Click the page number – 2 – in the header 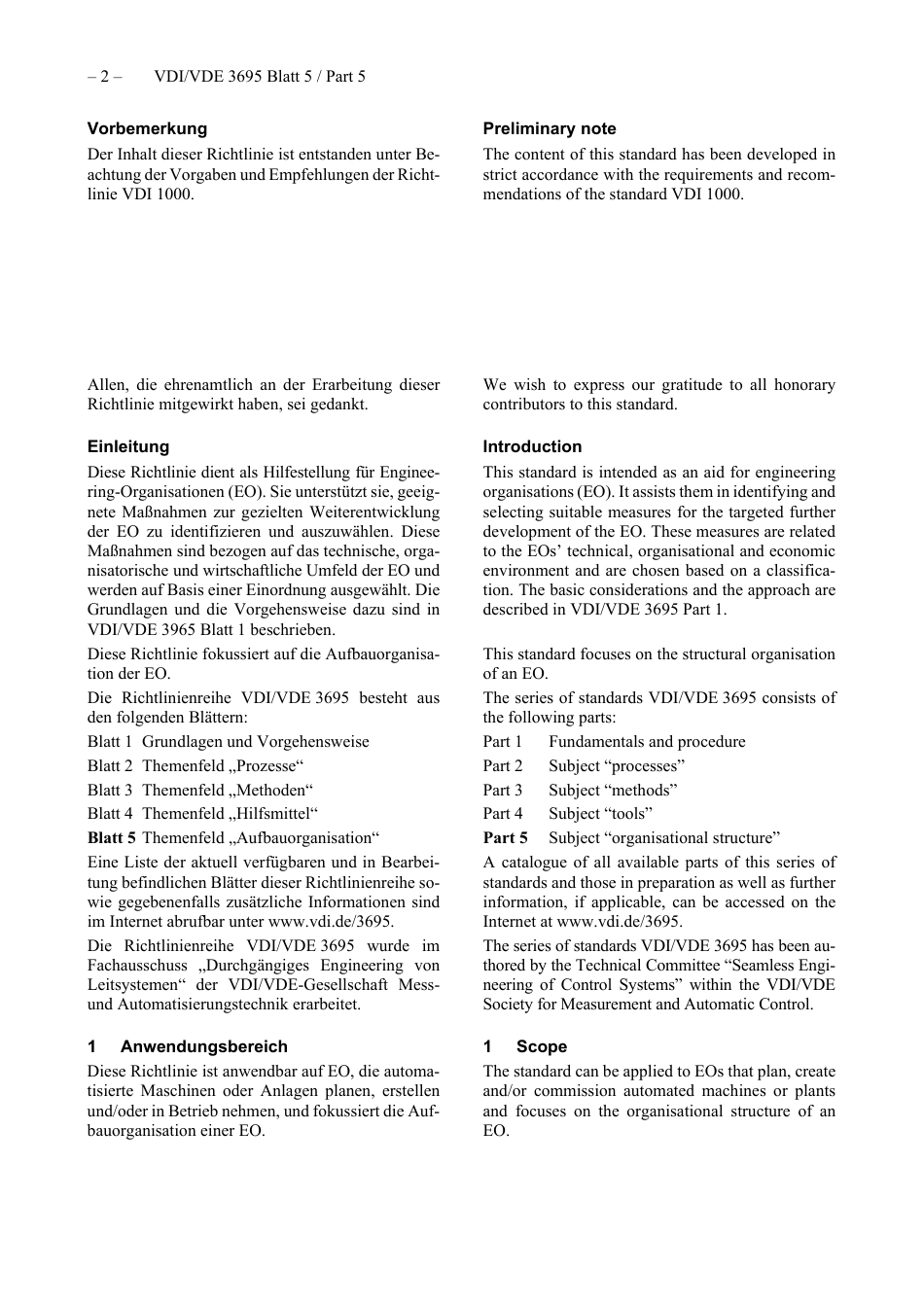[x=104, y=77]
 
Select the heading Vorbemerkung [x=147, y=128]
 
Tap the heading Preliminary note [x=550, y=128]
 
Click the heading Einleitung [x=128, y=446]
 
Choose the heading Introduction [x=532, y=446]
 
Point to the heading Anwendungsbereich [x=204, y=1046]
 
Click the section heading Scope [x=542, y=1046]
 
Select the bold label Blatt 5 [x=111, y=837]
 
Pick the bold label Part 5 [x=505, y=837]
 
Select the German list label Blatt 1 [x=110, y=741]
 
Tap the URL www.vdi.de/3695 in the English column [x=618, y=921]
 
